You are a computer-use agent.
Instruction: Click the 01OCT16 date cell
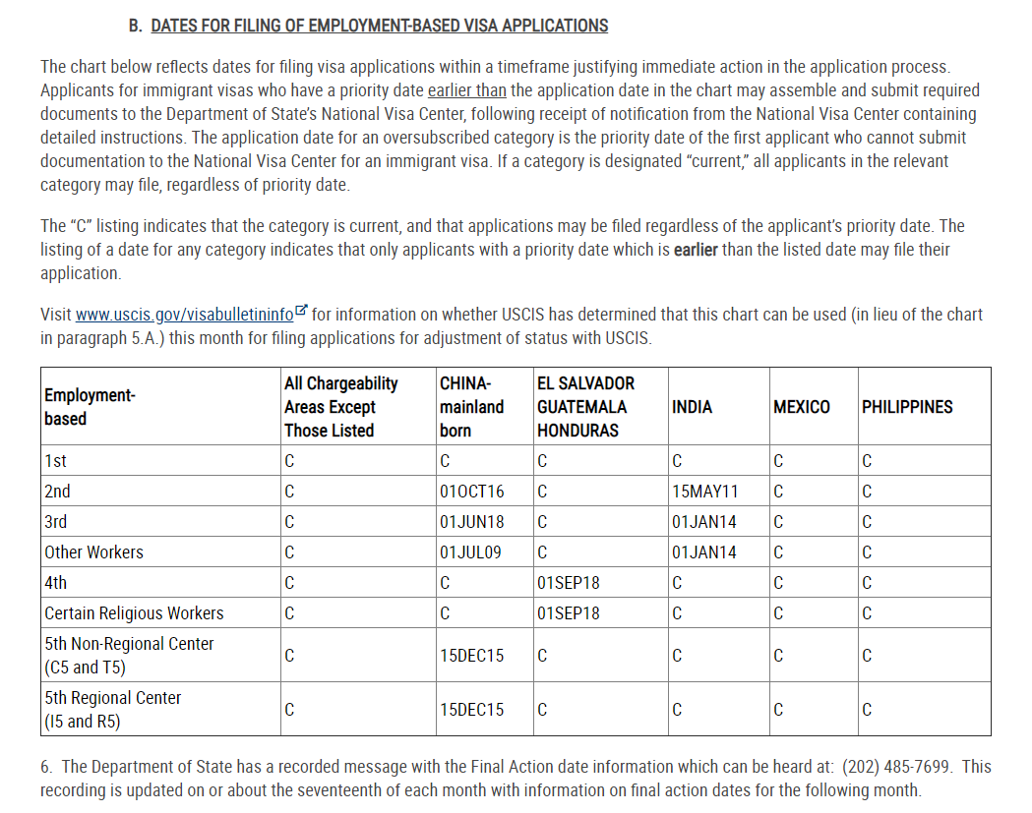coord(471,492)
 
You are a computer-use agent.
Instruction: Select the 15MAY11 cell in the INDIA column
coord(704,492)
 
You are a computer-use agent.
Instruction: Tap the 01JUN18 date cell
coord(471,522)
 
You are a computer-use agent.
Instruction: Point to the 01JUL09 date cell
coord(470,552)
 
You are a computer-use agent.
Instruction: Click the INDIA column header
coord(692,407)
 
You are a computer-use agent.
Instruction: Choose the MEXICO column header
coord(801,407)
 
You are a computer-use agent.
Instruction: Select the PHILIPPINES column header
coord(906,407)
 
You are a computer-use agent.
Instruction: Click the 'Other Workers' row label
coord(93,552)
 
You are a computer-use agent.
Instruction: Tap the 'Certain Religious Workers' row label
coord(134,613)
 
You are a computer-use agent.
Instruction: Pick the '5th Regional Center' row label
coord(112,698)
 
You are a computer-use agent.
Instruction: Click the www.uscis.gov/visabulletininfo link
coord(185,315)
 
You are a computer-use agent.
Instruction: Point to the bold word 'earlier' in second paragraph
coord(696,250)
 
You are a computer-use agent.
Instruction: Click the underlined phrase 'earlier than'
coord(467,90)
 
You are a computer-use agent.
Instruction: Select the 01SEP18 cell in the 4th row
coord(569,583)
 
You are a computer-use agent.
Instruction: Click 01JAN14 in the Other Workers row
coord(704,552)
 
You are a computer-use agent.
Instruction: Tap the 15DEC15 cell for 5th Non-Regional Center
coord(471,656)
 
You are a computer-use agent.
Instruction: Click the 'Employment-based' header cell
coord(89,407)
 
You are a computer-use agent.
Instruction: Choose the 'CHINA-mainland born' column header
coord(471,407)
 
